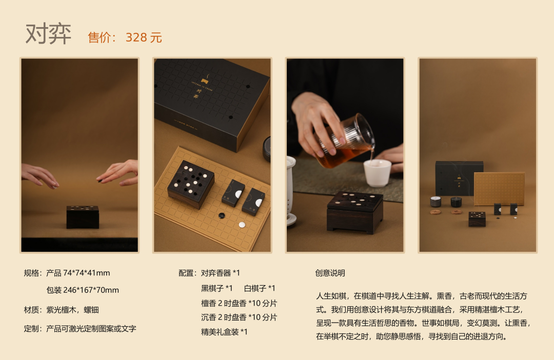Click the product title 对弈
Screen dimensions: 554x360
point(48,34)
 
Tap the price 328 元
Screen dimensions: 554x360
point(144,37)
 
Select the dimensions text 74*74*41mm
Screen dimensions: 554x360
point(87,273)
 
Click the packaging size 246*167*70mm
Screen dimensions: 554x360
point(91,290)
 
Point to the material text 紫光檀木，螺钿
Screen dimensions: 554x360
point(72,310)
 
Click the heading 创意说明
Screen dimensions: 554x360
point(330,273)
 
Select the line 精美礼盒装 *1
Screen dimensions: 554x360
point(224,332)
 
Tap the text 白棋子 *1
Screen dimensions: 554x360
point(260,288)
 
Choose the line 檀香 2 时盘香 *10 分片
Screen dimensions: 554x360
point(239,303)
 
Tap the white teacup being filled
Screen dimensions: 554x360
point(378,173)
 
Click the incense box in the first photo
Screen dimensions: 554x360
point(83,216)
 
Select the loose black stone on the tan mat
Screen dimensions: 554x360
point(222,215)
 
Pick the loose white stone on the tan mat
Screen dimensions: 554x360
point(242,225)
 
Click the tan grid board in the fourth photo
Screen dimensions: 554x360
point(499,189)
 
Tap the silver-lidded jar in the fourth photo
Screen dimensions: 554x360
point(436,202)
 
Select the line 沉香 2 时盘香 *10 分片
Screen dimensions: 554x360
point(239,317)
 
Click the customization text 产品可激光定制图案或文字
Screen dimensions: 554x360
point(91,329)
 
